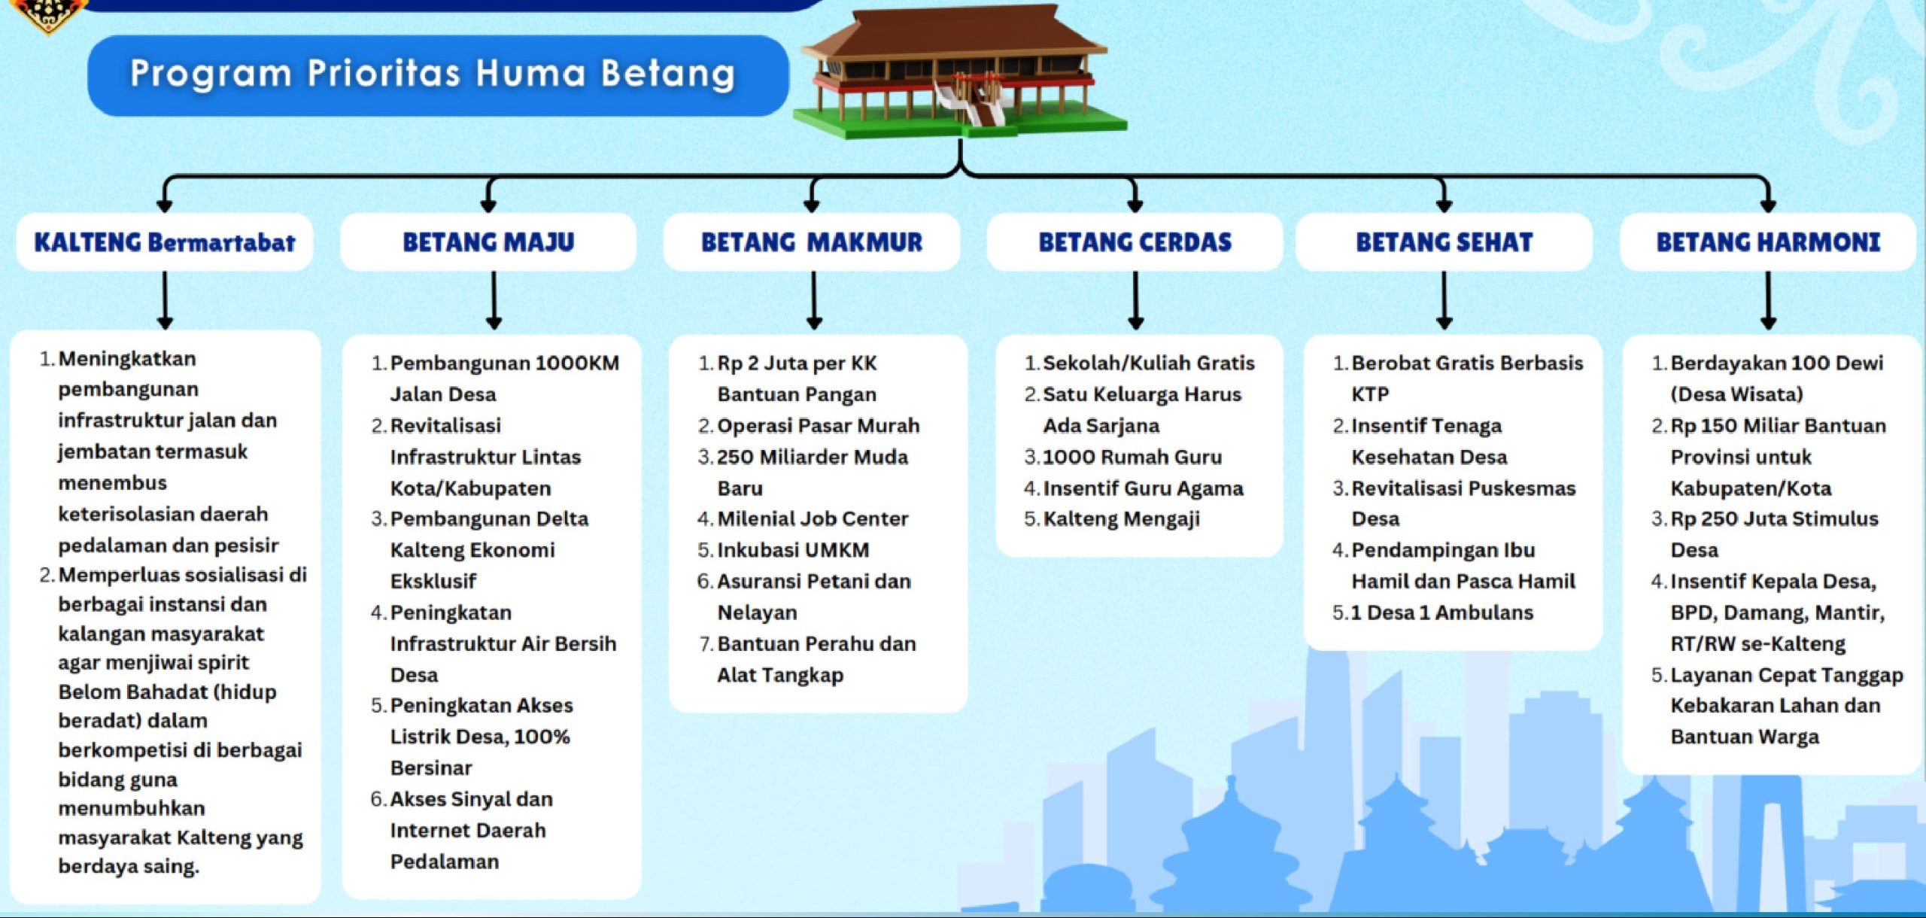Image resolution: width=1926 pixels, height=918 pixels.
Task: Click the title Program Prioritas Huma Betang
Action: pyautogui.click(x=433, y=74)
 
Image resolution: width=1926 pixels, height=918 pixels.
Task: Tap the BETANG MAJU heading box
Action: pyautogui.click(x=488, y=242)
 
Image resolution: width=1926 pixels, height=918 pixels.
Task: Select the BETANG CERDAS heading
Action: pyautogui.click(x=1135, y=242)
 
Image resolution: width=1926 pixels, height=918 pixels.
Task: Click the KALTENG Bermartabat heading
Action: pyautogui.click(x=165, y=242)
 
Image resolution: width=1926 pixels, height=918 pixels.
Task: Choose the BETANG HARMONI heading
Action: pyautogui.click(x=1768, y=242)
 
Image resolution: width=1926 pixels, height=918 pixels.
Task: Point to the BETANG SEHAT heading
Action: pyautogui.click(x=1444, y=242)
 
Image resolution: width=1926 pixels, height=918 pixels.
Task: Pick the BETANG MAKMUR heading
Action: pyautogui.click(x=812, y=242)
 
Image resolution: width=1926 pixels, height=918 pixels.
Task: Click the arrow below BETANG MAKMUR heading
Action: pyautogui.click(x=813, y=300)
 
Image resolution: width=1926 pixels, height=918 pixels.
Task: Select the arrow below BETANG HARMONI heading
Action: pyautogui.click(x=1768, y=300)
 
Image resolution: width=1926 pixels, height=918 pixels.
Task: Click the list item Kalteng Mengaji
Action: pyautogui.click(x=1121, y=519)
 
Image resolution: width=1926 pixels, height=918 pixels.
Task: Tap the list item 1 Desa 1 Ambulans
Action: pyautogui.click(x=1442, y=613)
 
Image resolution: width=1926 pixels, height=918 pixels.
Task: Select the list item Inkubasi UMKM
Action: pyautogui.click(x=793, y=550)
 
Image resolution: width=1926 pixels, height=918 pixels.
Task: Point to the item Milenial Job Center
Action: pyautogui.click(x=813, y=518)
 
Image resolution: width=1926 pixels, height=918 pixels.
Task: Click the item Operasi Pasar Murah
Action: pyautogui.click(x=818, y=426)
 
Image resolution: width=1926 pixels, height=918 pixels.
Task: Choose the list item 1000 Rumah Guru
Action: pyautogui.click(x=1132, y=457)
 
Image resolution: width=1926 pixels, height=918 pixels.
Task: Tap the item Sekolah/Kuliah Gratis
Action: pyautogui.click(x=1149, y=363)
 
